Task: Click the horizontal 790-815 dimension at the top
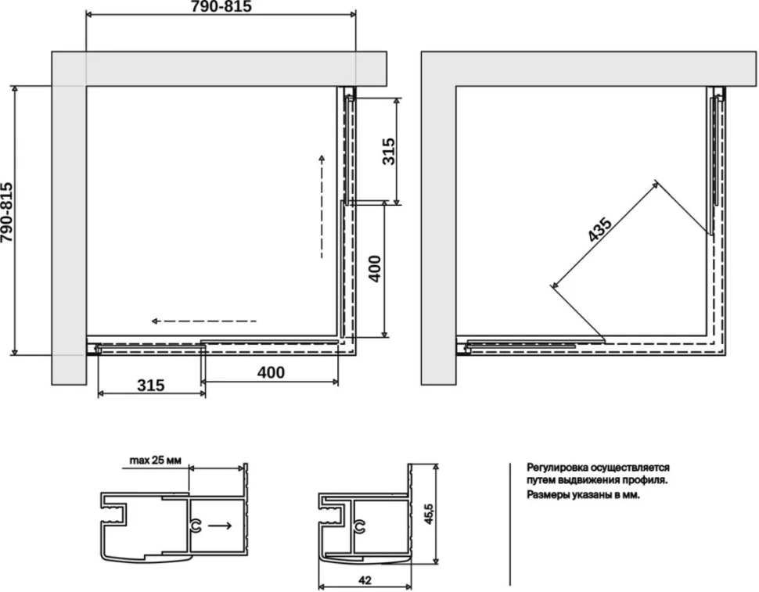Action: (x=221, y=7)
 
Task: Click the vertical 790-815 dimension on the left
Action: (x=7, y=213)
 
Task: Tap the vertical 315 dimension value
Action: (x=389, y=152)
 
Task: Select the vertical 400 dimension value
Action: (x=375, y=269)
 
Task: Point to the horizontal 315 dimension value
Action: (x=150, y=386)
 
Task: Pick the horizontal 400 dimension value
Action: (x=271, y=372)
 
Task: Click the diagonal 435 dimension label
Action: (x=599, y=230)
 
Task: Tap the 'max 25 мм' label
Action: (x=155, y=461)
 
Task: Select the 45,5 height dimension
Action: (x=428, y=514)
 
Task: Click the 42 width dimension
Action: (x=365, y=580)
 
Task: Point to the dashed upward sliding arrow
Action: (x=322, y=206)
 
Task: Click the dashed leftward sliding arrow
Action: (x=203, y=321)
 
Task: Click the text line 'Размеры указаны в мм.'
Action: (x=583, y=495)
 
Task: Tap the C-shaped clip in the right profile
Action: (x=359, y=527)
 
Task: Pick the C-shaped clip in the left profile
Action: (x=196, y=527)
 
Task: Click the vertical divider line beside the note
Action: (x=509, y=524)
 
